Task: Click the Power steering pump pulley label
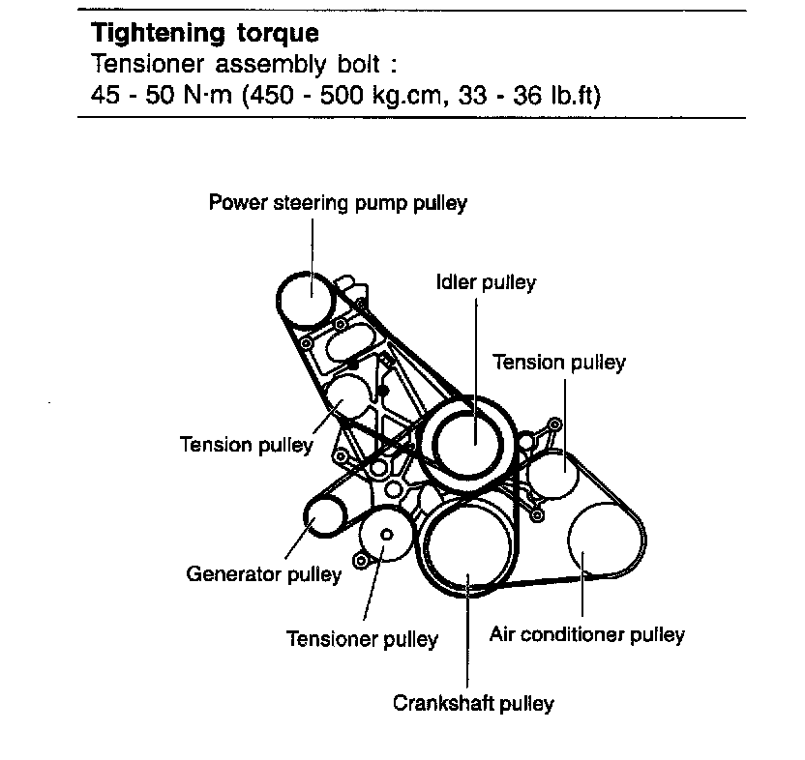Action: point(338,203)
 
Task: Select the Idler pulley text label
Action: point(486,283)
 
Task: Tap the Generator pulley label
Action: point(263,575)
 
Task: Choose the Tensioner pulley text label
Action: point(362,639)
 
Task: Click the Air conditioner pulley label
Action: point(587,635)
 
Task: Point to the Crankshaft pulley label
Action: point(473,703)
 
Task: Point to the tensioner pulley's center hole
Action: point(386,535)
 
